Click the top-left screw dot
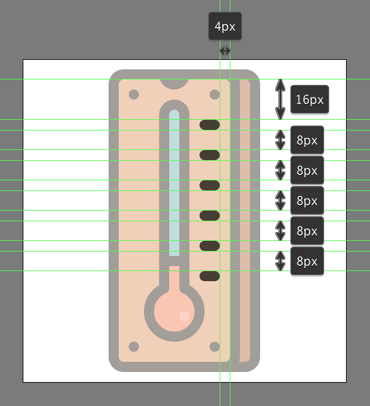[134, 95]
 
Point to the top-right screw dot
[215, 95]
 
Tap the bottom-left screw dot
[134, 347]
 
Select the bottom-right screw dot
[215, 347]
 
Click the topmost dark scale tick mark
[210, 125]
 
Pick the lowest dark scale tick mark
[210, 276]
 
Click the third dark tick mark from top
[210, 185]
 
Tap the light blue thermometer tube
[174, 183]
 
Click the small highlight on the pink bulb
[184, 316]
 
